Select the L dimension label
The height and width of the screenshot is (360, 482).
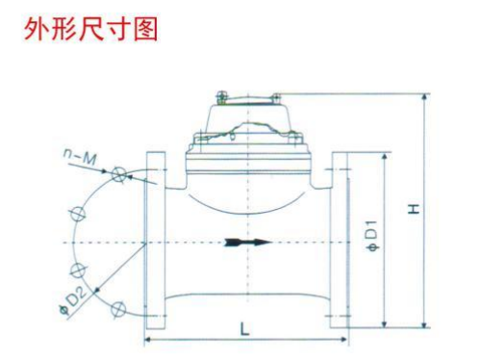[x=245, y=328]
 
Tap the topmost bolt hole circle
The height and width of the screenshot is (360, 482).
[x=119, y=174]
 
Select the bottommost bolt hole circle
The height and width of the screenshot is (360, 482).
[x=119, y=308]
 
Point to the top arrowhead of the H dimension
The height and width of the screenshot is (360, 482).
[x=426, y=98]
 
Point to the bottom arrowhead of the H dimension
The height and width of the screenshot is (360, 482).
[x=426, y=326]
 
